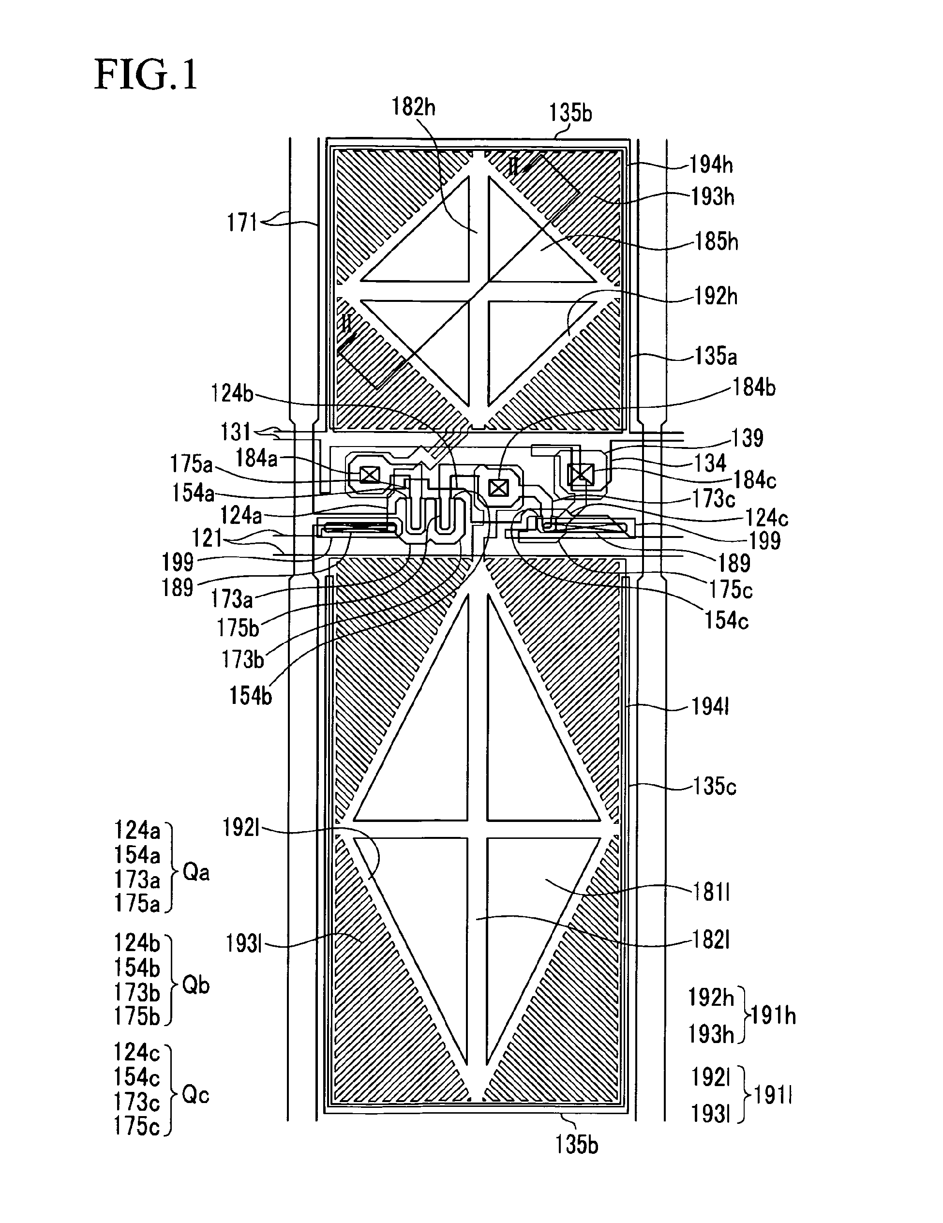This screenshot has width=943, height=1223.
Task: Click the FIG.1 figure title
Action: point(146,75)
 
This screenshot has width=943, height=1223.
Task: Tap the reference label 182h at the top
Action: point(413,106)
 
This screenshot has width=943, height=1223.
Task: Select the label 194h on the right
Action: point(711,164)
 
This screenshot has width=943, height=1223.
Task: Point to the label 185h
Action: point(716,242)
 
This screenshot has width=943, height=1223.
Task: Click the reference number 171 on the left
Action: point(241,223)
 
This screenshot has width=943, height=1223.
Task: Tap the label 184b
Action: point(754,388)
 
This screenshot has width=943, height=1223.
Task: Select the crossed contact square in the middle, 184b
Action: point(497,488)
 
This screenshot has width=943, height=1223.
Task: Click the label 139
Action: point(748,438)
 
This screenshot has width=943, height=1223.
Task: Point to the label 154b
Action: point(250,696)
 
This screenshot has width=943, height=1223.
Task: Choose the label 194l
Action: point(710,707)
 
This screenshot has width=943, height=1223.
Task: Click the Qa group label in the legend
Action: point(196,872)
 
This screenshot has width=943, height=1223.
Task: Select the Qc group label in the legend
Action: point(196,1095)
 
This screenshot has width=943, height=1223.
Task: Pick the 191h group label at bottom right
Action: point(773,1015)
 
